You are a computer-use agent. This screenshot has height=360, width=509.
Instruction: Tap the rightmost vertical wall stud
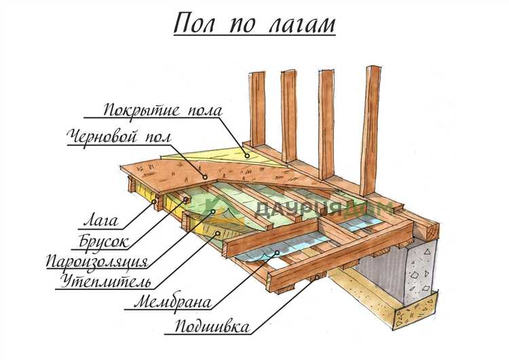(x=370, y=129)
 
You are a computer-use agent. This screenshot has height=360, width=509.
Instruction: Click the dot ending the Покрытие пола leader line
(x=248, y=156)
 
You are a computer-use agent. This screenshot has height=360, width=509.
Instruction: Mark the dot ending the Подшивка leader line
(x=315, y=278)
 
